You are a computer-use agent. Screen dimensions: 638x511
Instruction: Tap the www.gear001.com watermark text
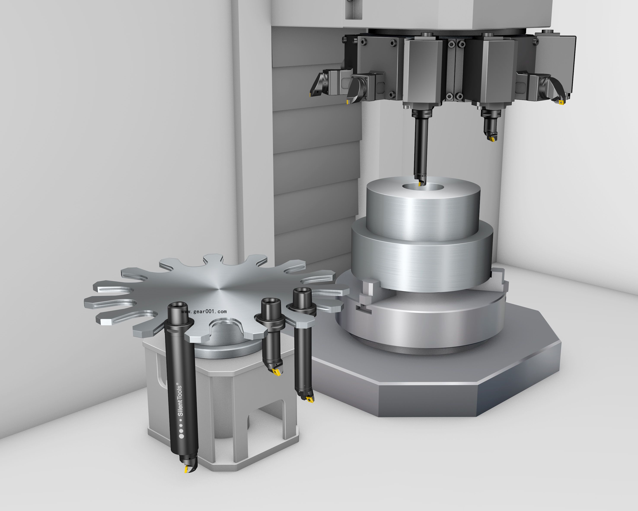coord(204,312)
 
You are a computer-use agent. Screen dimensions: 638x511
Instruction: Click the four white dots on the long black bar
coord(181,431)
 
